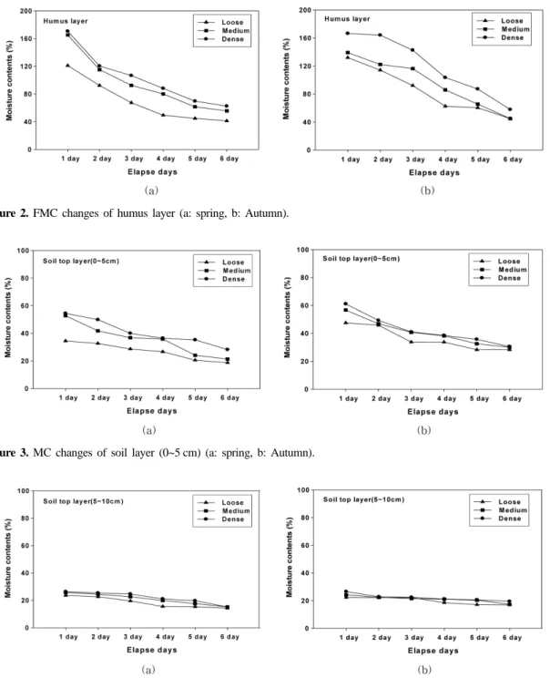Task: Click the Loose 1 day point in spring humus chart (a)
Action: (67, 66)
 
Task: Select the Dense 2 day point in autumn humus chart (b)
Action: (381, 35)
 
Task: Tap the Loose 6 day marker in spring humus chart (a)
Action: (227, 120)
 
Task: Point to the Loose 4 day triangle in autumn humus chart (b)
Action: (445, 106)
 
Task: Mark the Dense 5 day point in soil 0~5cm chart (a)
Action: (195, 340)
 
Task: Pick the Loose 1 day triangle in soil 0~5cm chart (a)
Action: (66, 341)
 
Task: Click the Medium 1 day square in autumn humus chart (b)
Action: (348, 53)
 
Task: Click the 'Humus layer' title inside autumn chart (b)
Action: (347, 19)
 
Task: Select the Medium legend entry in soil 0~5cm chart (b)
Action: (500, 270)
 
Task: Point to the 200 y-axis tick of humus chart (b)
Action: (305, 10)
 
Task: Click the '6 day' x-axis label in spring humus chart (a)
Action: (229, 159)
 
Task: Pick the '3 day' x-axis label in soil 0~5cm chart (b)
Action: (414, 398)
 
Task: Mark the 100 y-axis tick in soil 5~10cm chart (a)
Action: (24, 491)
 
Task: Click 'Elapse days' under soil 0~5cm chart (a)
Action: (152, 411)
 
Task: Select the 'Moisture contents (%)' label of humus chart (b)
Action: (286, 80)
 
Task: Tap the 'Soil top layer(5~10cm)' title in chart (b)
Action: (364, 499)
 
